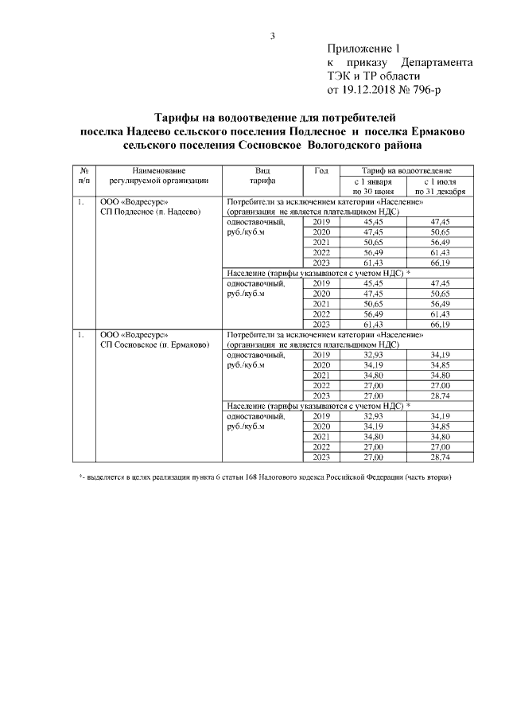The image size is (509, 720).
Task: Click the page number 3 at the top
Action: point(272,36)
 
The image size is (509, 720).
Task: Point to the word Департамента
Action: point(437,63)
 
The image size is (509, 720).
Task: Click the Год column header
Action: point(321,171)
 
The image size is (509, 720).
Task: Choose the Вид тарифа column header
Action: point(263,177)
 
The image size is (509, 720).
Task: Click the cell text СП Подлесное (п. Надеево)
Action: point(151,212)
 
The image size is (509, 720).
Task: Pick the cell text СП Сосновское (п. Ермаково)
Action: point(153,345)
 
